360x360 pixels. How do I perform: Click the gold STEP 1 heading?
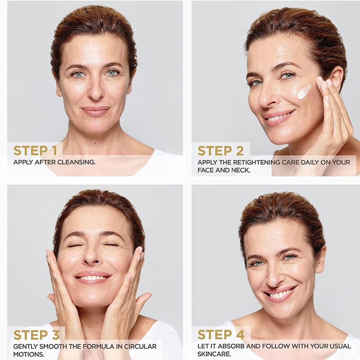click(x=35, y=151)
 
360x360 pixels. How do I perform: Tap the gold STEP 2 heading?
click(x=220, y=151)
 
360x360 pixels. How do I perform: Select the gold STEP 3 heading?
click(x=36, y=335)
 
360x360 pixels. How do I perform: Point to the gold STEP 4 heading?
click(x=221, y=334)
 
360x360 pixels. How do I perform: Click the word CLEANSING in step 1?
click(x=76, y=162)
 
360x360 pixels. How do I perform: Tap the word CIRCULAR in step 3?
click(x=140, y=346)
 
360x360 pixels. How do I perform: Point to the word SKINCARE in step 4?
click(x=214, y=354)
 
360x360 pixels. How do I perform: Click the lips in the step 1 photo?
click(x=95, y=110)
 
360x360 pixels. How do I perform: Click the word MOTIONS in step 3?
click(x=28, y=354)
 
